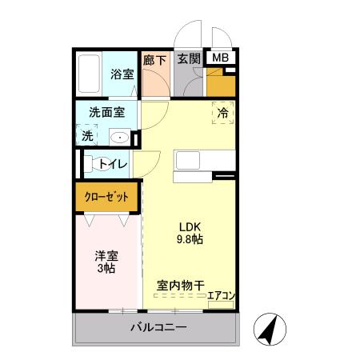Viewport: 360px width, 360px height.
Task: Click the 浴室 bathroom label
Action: click(x=121, y=74)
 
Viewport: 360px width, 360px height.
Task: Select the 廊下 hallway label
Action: click(x=154, y=59)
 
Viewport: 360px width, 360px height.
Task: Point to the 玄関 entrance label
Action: click(x=189, y=58)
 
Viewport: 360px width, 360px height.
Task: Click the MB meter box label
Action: click(x=219, y=58)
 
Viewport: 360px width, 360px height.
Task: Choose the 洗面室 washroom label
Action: click(x=106, y=114)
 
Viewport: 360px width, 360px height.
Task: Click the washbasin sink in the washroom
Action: click(x=119, y=137)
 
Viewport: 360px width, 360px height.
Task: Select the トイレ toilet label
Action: click(x=113, y=164)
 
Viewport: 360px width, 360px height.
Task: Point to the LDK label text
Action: click(x=190, y=225)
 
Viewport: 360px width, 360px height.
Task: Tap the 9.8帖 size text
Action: click(x=190, y=238)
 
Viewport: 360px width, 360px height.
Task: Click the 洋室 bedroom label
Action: click(x=106, y=256)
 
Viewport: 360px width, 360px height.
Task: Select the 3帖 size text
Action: click(x=106, y=270)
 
